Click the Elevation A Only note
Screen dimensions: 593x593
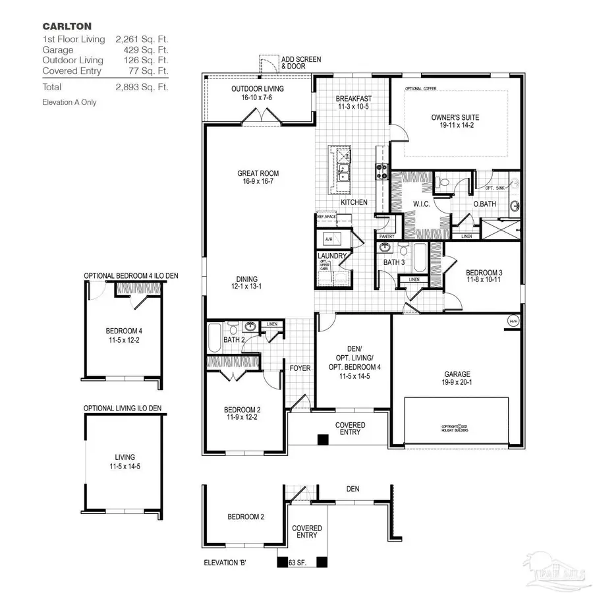69,102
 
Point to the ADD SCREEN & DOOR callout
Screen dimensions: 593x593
300,63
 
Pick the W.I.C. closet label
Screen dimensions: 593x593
422,204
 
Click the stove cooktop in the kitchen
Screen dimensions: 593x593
381,171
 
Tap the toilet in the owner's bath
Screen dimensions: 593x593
443,182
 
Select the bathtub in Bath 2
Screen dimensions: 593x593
214,337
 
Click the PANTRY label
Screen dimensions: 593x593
387,236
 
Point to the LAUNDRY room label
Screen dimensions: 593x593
331,256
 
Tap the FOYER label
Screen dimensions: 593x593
300,368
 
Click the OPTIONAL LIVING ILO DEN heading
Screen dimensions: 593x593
123,409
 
